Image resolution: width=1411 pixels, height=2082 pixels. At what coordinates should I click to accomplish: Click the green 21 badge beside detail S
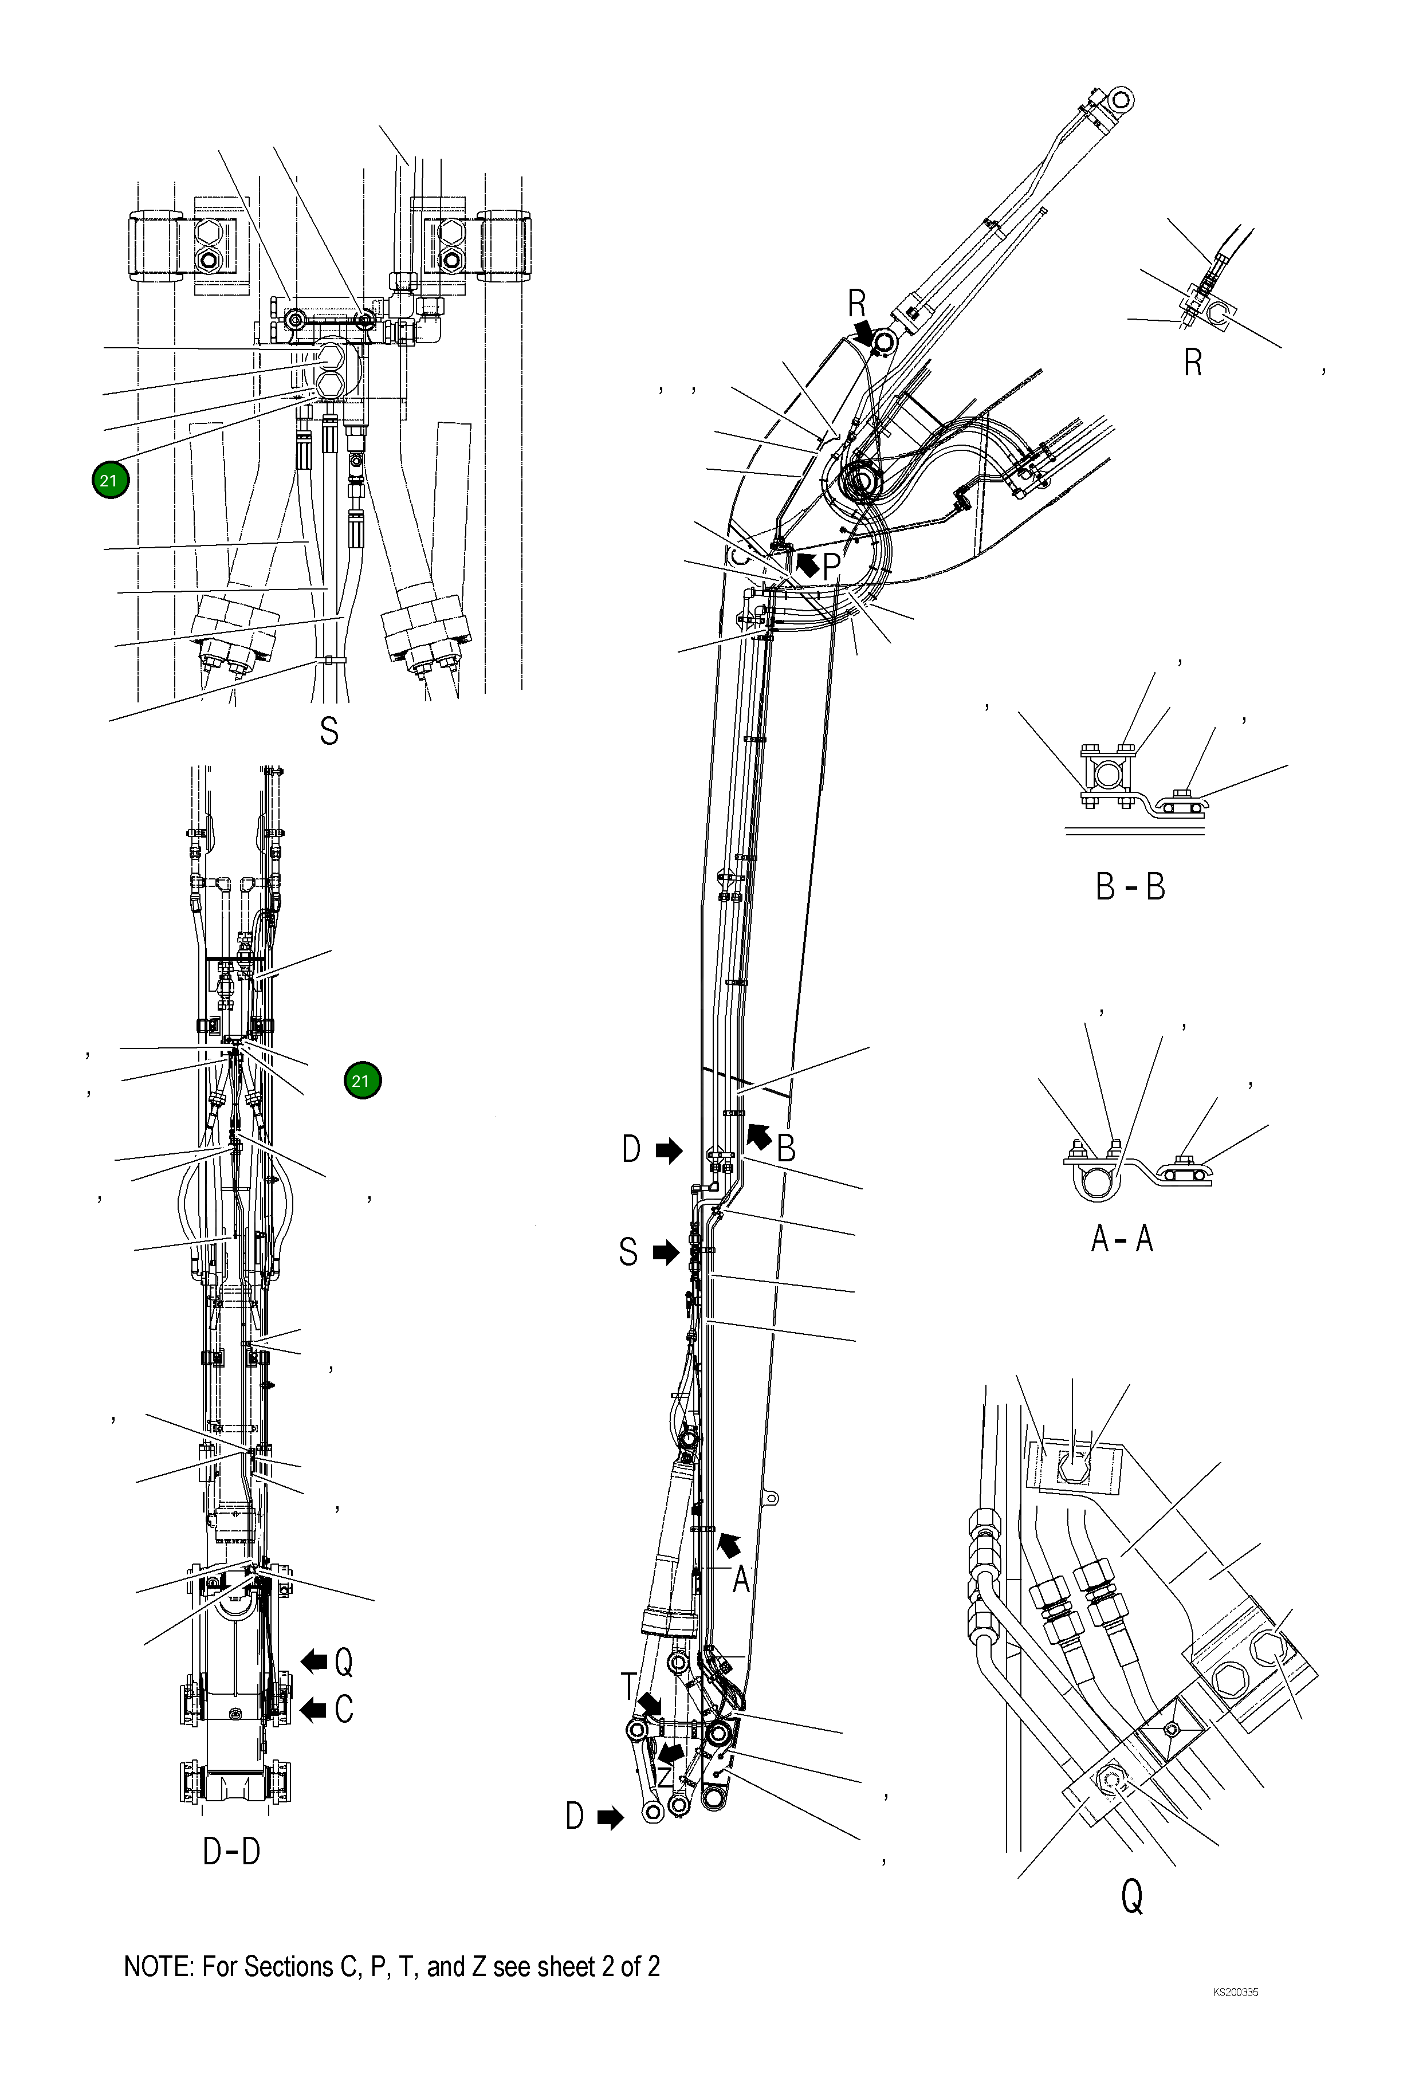pos(110,480)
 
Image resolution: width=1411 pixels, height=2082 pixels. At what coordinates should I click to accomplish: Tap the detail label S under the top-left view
pos(329,731)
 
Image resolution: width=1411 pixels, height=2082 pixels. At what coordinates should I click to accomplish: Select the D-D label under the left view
pos(231,1851)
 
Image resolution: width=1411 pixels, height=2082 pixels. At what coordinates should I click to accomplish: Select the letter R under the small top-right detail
pos(1192,363)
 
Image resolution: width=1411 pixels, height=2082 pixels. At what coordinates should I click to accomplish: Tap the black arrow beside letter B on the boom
pos(759,1136)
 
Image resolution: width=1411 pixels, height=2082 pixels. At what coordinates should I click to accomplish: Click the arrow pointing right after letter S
pos(666,1252)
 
